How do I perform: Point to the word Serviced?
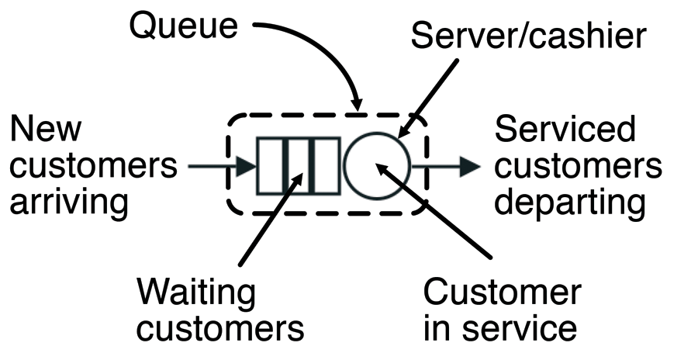565,129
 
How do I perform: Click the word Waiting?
196,292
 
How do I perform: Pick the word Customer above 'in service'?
502,292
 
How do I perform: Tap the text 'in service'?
500,328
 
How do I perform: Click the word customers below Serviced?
579,165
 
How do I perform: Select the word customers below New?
94,165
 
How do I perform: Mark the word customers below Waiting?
221,328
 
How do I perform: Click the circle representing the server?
377,166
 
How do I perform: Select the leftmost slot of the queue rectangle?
271,166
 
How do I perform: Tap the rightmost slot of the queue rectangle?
326,166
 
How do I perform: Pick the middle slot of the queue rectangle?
299,166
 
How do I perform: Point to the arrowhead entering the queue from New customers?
247,166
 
